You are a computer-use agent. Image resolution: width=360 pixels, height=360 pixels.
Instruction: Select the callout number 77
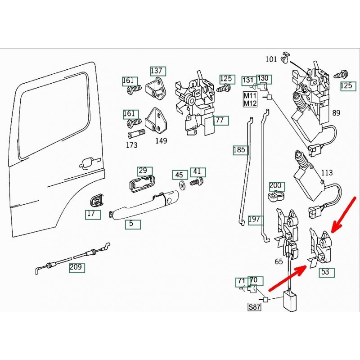click(x=220, y=120)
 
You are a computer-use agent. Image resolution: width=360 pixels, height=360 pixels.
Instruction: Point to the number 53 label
click(x=325, y=271)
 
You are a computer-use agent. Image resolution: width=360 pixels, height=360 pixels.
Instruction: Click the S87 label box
click(x=254, y=308)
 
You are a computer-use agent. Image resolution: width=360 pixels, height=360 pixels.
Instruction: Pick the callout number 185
click(x=240, y=149)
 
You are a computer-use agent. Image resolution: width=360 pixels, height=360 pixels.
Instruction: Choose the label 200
click(x=275, y=185)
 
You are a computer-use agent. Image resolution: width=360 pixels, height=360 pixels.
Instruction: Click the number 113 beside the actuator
click(x=327, y=172)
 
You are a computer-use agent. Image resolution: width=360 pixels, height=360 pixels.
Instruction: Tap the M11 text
click(x=250, y=96)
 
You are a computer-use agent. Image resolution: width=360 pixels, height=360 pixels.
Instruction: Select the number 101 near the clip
click(x=271, y=58)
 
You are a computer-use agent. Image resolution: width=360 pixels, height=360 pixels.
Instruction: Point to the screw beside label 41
click(x=195, y=183)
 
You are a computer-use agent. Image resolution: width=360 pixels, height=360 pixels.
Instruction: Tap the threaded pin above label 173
click(x=136, y=134)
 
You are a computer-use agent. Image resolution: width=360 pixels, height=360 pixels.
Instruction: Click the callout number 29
click(x=143, y=171)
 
